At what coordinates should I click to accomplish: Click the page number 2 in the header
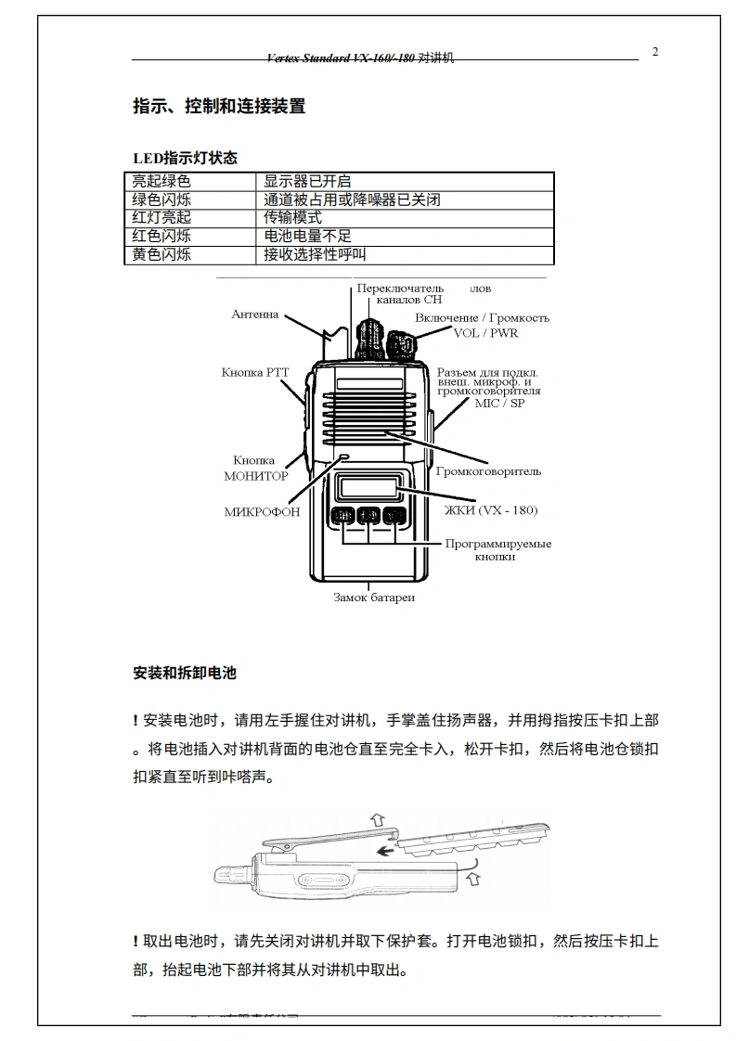click(x=655, y=52)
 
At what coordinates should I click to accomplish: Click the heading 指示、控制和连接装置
click(x=219, y=107)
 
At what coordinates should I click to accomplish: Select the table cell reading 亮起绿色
click(x=161, y=182)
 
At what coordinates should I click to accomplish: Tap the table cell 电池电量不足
click(x=307, y=237)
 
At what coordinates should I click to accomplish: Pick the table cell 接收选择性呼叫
click(x=315, y=254)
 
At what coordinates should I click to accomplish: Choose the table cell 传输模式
click(x=292, y=218)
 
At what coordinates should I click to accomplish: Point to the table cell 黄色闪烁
click(x=161, y=254)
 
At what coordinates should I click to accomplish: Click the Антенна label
click(x=255, y=315)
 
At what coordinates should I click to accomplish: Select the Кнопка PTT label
click(x=255, y=372)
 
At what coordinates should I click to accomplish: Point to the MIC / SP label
click(x=499, y=404)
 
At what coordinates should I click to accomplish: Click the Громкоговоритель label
click(x=488, y=471)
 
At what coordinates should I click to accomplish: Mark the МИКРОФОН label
click(x=262, y=512)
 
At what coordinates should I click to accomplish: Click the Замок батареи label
click(x=374, y=598)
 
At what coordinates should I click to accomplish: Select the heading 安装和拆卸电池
click(x=185, y=674)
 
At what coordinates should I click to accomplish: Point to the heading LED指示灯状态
click(x=185, y=159)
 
